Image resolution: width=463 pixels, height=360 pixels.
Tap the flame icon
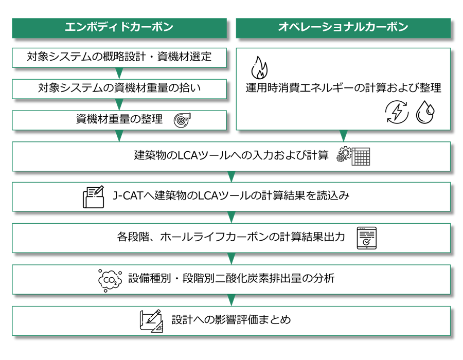259,68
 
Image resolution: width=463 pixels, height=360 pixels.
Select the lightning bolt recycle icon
397,112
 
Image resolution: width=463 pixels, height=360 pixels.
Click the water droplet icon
425,112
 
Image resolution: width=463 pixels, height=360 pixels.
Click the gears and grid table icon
353,156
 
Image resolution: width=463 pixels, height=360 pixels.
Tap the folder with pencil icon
93,197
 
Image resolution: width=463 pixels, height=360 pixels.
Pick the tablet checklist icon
366,238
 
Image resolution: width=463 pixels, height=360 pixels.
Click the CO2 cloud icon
110,280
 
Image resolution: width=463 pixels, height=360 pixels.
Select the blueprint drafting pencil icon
151,321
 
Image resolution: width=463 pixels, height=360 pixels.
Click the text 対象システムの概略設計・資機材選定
119,57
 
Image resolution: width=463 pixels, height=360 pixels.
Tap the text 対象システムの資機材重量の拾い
119,88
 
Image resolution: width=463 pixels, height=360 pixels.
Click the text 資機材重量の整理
119,119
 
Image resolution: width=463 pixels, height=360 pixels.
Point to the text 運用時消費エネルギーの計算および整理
343,87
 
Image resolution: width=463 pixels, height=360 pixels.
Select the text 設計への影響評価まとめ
231,320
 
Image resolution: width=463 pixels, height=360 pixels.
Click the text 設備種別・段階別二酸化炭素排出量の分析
231,278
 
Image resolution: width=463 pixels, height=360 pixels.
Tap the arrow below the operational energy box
344,136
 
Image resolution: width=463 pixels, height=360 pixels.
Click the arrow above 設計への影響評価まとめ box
232,300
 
